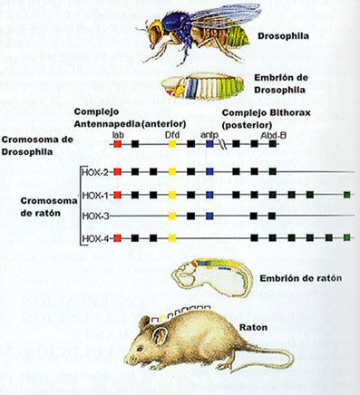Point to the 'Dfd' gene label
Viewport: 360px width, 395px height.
pyautogui.click(x=172, y=134)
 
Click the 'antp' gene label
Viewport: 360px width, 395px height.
pyautogui.click(x=209, y=134)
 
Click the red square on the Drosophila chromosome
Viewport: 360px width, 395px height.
pyautogui.click(x=118, y=143)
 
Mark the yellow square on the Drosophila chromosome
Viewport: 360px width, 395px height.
pyautogui.click(x=172, y=143)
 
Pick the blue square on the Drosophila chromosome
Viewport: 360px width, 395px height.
pyautogui.click(x=209, y=143)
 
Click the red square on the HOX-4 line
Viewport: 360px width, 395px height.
pyautogui.click(x=118, y=238)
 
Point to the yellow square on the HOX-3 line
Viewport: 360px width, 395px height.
pyautogui.click(x=172, y=217)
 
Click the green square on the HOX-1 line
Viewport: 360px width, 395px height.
pyautogui.click(x=347, y=194)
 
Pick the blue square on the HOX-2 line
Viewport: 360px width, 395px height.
pyautogui.click(x=209, y=171)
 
